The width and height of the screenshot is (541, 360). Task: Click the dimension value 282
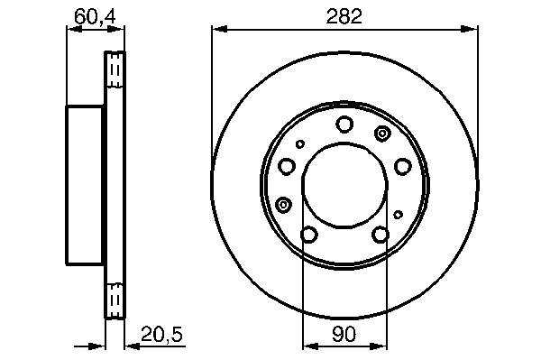[x=344, y=16]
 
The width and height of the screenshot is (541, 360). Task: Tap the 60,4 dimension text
[x=96, y=17]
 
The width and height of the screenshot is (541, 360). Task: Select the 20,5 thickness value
[x=161, y=334]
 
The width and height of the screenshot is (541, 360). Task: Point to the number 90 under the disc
[x=344, y=334]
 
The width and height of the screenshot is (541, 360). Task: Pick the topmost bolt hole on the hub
[x=344, y=125]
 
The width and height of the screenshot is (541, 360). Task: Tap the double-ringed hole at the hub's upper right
[x=382, y=133]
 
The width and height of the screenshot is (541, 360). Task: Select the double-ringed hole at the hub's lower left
[x=284, y=205]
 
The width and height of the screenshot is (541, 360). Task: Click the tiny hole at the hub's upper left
[x=300, y=144]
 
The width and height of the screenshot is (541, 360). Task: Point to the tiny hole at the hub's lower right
[x=399, y=215]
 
